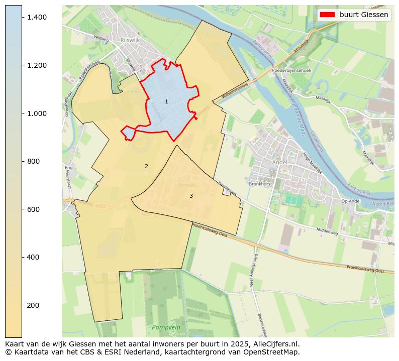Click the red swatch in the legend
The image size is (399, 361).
[x=327, y=15]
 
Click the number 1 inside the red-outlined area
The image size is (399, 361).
[x=166, y=102]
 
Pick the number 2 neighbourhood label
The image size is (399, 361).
[x=146, y=166]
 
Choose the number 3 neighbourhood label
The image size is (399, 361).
[x=191, y=196]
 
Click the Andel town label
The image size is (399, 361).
[x=279, y=163]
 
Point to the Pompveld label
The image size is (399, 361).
[x=166, y=327]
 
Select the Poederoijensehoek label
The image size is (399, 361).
[x=291, y=71]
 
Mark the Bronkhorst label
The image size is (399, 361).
[x=260, y=184]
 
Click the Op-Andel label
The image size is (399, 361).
[x=351, y=201]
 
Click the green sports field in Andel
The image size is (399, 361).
[x=291, y=199]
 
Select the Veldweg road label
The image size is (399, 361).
[x=101, y=38]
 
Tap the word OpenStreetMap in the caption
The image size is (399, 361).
[x=274, y=352]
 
